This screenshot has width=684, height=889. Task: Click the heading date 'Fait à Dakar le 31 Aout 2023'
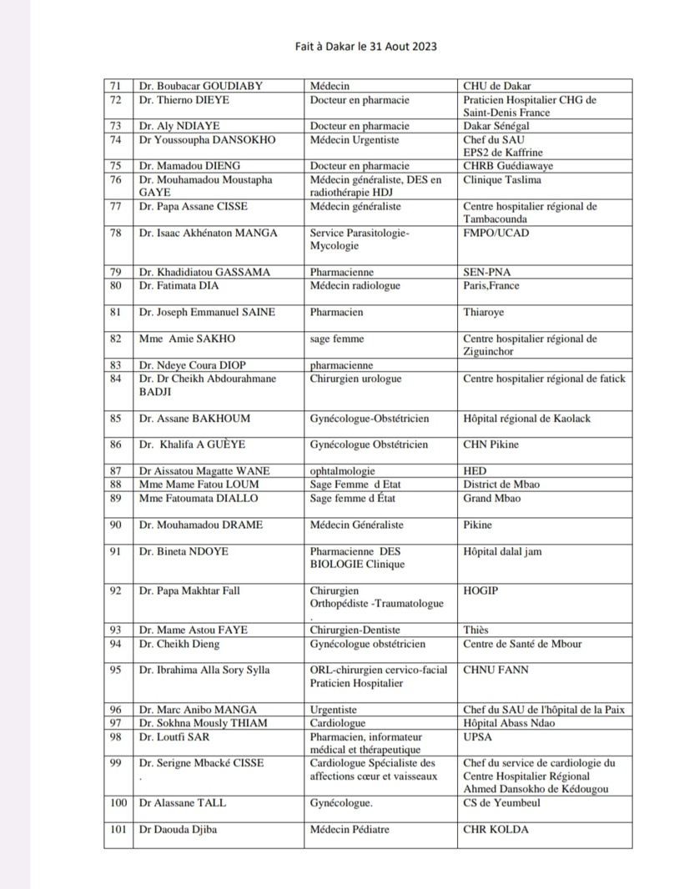click(366, 47)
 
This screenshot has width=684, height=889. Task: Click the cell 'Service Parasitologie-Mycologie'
click(360, 240)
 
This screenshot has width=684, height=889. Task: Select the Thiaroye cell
click(484, 313)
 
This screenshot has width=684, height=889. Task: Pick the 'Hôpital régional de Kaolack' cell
click(526, 419)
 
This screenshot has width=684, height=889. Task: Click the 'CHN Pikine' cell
click(492, 445)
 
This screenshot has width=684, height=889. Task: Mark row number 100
click(118, 803)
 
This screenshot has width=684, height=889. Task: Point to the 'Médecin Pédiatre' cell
click(350, 830)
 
